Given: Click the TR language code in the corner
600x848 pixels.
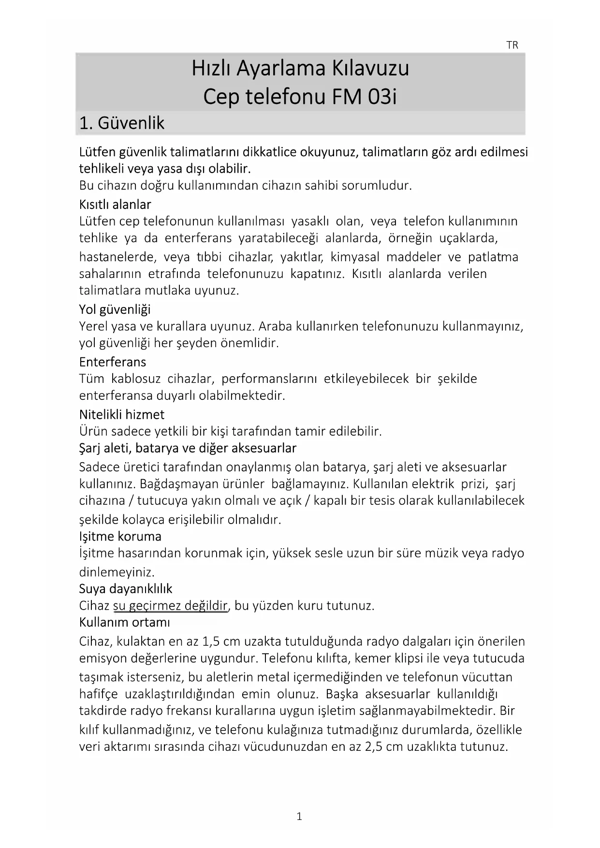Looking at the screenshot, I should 512,45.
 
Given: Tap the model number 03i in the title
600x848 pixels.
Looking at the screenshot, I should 382,97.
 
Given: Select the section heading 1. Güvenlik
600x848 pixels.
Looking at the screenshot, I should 121,123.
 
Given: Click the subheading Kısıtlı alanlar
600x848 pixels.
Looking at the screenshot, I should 115,205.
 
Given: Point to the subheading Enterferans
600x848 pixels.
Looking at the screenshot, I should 113,362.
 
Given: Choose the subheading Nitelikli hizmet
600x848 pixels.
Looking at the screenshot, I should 122,414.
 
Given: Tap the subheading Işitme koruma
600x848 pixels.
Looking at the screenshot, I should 120,536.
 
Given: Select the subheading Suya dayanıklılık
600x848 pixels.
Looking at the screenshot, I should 126,588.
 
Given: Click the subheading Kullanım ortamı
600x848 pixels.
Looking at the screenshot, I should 124,622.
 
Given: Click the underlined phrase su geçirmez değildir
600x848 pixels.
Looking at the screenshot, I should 170,606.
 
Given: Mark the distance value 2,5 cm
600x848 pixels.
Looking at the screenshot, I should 383,746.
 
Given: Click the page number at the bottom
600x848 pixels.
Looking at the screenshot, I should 299,817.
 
